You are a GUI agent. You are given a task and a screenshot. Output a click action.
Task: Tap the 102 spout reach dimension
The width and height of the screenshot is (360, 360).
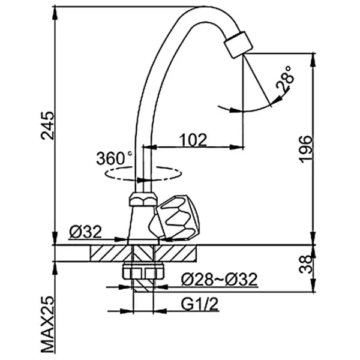click(x=194, y=140)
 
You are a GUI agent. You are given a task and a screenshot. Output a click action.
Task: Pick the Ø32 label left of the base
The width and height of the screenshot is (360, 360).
click(x=85, y=231)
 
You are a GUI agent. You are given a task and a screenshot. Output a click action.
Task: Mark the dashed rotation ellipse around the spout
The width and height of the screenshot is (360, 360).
click(x=143, y=172)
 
